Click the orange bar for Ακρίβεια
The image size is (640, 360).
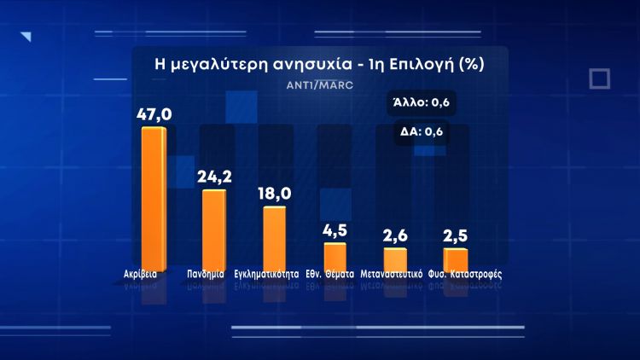(154, 197)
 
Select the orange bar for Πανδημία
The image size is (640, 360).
(213, 229)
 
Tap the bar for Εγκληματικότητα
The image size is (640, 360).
(274, 237)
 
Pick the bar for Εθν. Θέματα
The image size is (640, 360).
(335, 256)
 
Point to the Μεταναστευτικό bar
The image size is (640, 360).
(395, 258)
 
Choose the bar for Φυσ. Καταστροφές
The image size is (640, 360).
(456, 258)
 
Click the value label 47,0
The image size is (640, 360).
(154, 113)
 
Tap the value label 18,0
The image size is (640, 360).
(275, 194)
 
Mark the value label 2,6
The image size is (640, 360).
(396, 236)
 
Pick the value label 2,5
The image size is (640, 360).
(456, 236)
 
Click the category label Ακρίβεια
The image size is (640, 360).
(140, 276)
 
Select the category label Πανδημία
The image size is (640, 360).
(205, 276)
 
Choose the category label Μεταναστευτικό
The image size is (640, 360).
(392, 276)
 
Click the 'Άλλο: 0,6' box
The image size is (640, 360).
(421, 103)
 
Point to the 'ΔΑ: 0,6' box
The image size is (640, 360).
(422, 131)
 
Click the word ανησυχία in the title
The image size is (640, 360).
(302, 64)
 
